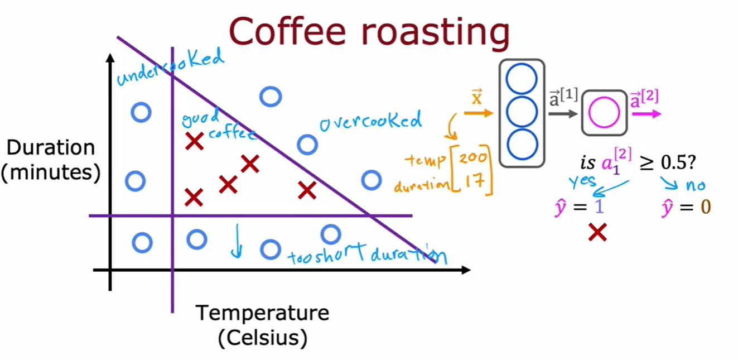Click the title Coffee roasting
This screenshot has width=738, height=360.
369,32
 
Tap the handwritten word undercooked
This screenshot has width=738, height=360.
170,67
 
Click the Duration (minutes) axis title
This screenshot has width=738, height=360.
51,161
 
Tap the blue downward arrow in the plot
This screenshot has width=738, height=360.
237,241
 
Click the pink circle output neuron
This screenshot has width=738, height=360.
604,113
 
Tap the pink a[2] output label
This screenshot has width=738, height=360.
645,98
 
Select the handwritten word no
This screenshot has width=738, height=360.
694,185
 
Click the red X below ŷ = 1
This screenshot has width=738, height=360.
597,232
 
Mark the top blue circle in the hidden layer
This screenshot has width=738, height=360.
522,79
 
